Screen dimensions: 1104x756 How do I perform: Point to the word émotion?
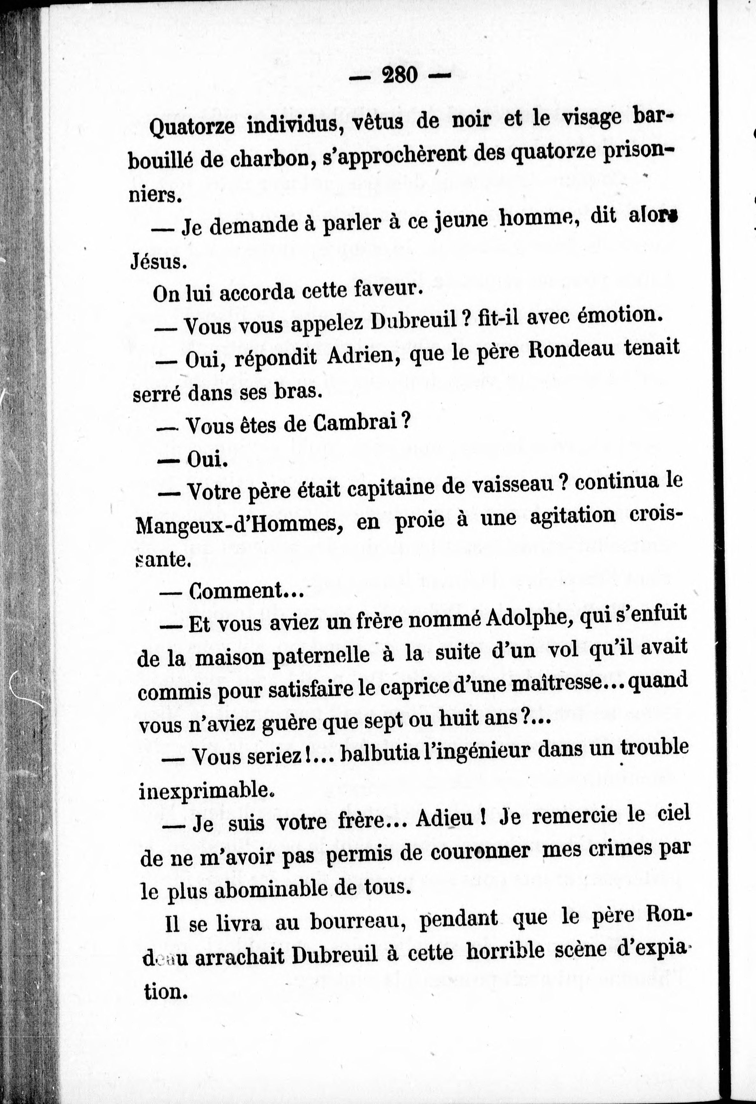[618, 315]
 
